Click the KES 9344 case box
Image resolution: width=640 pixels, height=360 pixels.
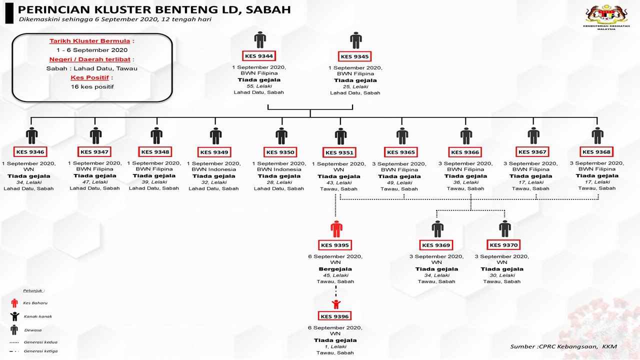pos(258,56)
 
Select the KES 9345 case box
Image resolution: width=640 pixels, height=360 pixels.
pos(354,57)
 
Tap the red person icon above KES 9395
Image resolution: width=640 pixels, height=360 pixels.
pos(336,229)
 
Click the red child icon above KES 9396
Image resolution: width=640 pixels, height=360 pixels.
pos(336,304)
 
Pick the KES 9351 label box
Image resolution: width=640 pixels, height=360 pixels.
pos(339,153)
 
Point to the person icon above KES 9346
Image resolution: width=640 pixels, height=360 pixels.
pos(31,135)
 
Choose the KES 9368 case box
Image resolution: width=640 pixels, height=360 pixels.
pos(596,152)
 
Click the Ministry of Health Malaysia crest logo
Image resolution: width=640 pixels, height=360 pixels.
pos(606,16)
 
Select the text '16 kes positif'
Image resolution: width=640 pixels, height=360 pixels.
pos(92,86)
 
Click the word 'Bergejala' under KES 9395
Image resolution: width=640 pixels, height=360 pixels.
pos(335,269)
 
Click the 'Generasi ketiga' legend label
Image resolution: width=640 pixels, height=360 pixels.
pos(40,351)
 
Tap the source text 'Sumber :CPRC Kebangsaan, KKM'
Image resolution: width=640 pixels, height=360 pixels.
pos(563,346)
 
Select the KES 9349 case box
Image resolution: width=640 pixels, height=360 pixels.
pos(214,152)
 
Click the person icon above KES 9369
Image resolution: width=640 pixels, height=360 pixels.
pos(437,228)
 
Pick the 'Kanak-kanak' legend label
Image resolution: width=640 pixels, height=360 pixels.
pos(38,316)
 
